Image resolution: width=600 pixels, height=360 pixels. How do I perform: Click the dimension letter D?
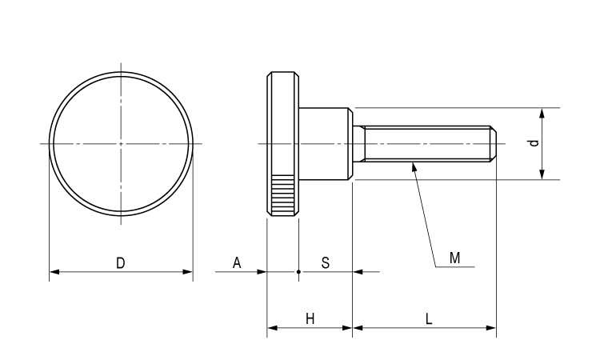120,262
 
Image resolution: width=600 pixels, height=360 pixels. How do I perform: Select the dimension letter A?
237,262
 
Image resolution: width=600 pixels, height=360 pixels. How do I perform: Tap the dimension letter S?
326,262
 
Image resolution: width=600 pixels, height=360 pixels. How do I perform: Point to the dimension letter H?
310,318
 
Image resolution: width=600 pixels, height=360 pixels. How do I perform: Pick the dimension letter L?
429,318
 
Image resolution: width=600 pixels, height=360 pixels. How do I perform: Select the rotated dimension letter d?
534,143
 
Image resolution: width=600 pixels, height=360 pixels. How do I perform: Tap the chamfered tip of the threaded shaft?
494,144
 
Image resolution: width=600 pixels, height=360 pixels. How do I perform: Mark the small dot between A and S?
298,272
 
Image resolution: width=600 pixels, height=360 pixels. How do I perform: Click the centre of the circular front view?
121,144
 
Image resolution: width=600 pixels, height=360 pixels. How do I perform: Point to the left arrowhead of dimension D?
54,272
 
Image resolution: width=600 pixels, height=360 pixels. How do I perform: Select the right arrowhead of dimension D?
188,272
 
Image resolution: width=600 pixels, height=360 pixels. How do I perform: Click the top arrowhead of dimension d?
543,113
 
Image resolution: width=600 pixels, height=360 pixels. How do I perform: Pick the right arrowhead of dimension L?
491,327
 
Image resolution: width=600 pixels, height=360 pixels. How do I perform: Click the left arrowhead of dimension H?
272,327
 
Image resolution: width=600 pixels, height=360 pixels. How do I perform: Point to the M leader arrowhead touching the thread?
413,166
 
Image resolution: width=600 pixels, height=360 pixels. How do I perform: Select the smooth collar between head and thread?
325,144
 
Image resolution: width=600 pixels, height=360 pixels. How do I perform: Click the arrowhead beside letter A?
261,272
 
